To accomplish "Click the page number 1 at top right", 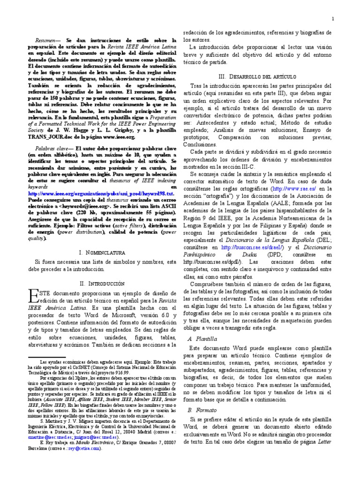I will click(332, 19).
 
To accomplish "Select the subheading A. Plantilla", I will click(202, 338).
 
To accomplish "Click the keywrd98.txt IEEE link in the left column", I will click(101, 193).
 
